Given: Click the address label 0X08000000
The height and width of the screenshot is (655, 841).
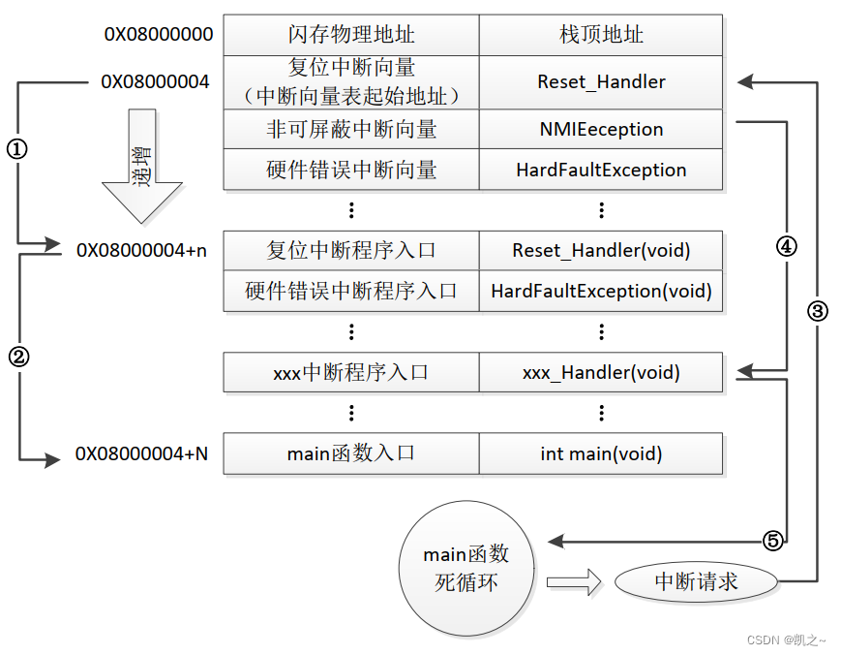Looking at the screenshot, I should (159, 35).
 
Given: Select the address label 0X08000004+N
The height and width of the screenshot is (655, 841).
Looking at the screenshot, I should (141, 453).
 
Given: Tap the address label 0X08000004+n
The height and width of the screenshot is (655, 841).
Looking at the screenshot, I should (141, 250).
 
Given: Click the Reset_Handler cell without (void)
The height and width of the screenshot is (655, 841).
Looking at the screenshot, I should (601, 82).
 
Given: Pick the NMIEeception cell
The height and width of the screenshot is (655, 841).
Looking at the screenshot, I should (601, 129).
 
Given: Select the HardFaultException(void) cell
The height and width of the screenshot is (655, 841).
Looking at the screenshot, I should (601, 291).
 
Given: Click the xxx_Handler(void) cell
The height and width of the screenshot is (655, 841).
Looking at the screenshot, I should (601, 372).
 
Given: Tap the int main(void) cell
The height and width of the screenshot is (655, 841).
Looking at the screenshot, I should (601, 453).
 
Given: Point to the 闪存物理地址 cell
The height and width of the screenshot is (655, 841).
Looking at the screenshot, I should (351, 35).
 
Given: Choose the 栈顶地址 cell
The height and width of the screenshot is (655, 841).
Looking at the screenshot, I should (601, 35).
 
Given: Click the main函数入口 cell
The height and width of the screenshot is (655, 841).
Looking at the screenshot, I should (351, 453).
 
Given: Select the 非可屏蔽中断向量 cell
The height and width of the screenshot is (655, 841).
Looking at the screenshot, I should (351, 129).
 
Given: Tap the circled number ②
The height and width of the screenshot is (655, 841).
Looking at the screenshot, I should (18, 356).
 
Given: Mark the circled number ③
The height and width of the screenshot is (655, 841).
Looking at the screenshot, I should (818, 311).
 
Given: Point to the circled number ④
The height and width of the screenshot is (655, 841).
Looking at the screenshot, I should (786, 246).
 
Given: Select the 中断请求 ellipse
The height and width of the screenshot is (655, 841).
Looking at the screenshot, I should (696, 581).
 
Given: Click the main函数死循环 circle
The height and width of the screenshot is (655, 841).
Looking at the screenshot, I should (466, 569).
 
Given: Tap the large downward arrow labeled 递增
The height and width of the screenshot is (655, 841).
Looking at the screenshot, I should (141, 166).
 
